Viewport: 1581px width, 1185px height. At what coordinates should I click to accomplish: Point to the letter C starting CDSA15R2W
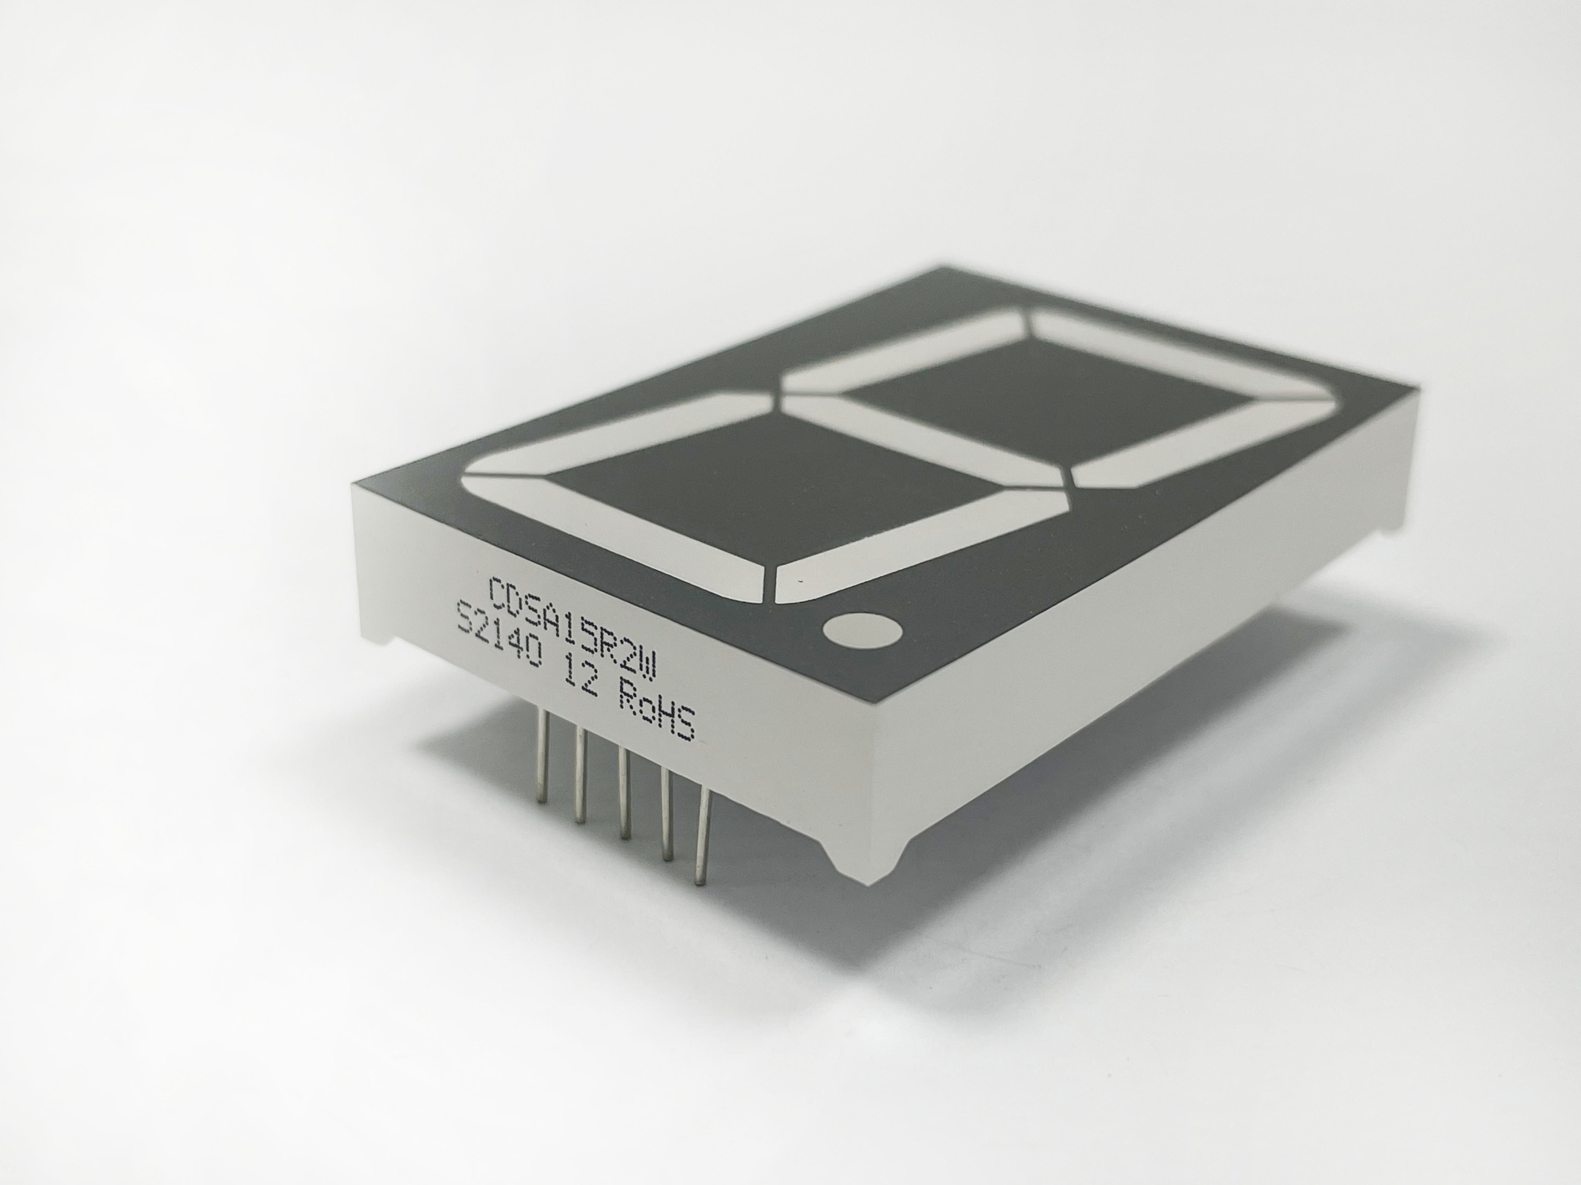click(x=498, y=590)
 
